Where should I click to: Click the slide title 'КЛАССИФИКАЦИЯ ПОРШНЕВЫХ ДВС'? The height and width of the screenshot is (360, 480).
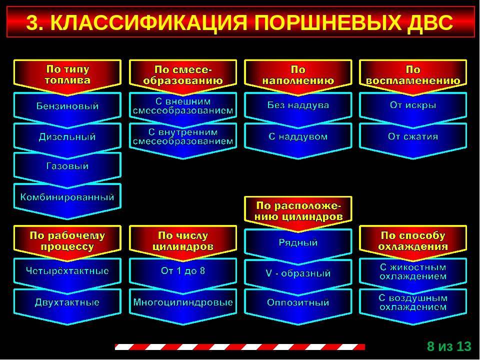tap(240, 22)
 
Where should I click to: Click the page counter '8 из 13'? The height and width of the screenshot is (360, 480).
tap(449, 346)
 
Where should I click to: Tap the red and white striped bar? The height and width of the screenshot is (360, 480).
tap(240, 347)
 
